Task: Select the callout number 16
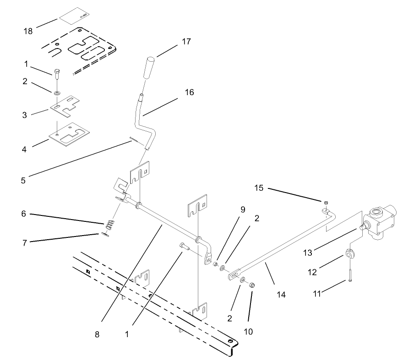[x=189, y=92]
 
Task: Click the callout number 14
[x=281, y=295]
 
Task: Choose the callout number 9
[x=243, y=210]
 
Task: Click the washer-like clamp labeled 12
[x=351, y=254]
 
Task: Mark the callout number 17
[x=186, y=42]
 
